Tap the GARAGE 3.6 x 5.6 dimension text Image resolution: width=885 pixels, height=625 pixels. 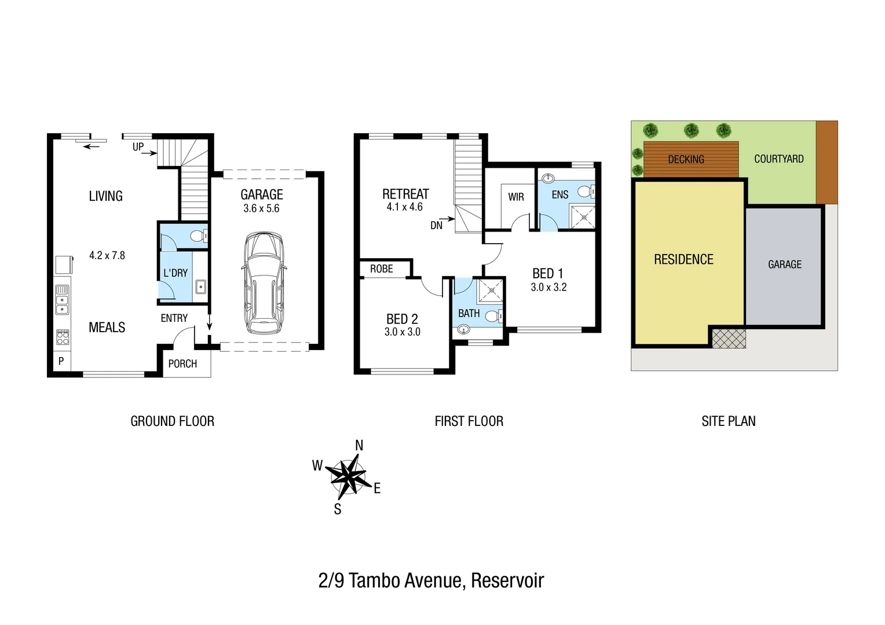pyautogui.click(x=261, y=209)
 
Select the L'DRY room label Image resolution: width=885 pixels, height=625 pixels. pyautogui.click(x=175, y=273)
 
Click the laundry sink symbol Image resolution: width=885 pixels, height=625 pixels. pyautogui.click(x=200, y=286)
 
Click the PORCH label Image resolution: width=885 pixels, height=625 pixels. pyautogui.click(x=182, y=364)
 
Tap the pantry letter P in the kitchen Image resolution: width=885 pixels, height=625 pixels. pyautogui.click(x=61, y=362)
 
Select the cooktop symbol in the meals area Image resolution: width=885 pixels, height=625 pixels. pyautogui.click(x=63, y=337)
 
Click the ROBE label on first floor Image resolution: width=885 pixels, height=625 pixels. pyautogui.click(x=381, y=269)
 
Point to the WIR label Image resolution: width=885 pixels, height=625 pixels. pyautogui.click(x=515, y=197)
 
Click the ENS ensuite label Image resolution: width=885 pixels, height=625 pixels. pyautogui.click(x=559, y=195)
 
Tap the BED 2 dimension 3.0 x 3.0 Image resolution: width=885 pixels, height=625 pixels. pyautogui.click(x=402, y=332)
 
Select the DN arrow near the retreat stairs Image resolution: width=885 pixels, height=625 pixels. pyautogui.click(x=447, y=220)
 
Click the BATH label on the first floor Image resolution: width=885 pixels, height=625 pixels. pyautogui.click(x=469, y=314)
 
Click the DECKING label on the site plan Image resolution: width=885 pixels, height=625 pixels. pyautogui.click(x=686, y=159)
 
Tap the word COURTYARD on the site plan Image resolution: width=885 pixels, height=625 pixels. pyautogui.click(x=778, y=159)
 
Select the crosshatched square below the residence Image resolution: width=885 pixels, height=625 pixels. pyautogui.click(x=728, y=338)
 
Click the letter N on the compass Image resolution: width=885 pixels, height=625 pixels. pyautogui.click(x=359, y=446)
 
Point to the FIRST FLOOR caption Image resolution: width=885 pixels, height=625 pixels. pyautogui.click(x=469, y=421)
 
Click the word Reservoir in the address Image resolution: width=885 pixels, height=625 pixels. pyautogui.click(x=507, y=580)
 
